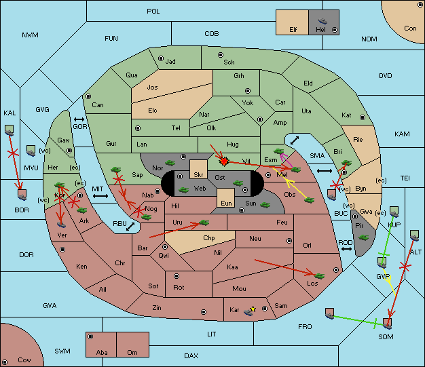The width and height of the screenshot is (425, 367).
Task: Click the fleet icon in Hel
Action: [x=322, y=21]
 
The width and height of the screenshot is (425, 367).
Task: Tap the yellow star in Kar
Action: [x=253, y=309]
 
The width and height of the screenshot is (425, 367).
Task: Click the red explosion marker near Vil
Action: [x=224, y=161]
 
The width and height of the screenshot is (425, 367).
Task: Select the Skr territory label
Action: [x=198, y=175]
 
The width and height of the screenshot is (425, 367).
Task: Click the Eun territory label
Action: [x=226, y=203]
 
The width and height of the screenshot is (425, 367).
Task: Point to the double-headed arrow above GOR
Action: [x=79, y=119]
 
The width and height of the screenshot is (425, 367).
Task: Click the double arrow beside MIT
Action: [x=100, y=196]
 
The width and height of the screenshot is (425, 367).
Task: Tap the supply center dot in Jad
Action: [x=161, y=58]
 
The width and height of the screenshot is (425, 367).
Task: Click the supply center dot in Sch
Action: [x=221, y=55]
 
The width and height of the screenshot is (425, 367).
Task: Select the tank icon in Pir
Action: [x=363, y=237]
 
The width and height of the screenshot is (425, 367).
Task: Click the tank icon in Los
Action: [x=320, y=276]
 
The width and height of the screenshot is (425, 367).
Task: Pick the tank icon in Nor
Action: [x=170, y=163]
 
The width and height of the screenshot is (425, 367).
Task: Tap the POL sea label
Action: [x=153, y=12]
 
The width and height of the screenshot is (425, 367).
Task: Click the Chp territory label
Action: [x=209, y=238]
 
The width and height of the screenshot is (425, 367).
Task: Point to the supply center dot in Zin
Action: [x=204, y=312]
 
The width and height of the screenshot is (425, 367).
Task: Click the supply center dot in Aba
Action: [x=90, y=336]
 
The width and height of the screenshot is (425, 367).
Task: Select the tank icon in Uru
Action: [x=204, y=223]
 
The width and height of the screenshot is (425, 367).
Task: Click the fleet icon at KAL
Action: [x=10, y=130]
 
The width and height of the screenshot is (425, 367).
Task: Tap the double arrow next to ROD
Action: [x=346, y=249]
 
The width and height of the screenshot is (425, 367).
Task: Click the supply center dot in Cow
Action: [x=5, y=362]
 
